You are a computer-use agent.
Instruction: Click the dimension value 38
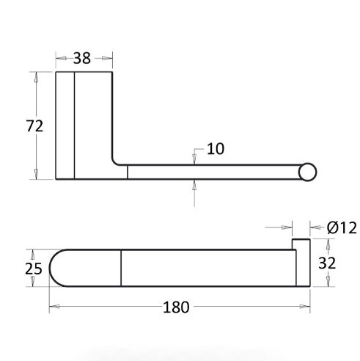click(x=82, y=58)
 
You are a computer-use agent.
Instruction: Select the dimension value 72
click(x=34, y=126)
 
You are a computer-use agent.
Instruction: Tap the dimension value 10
click(x=216, y=149)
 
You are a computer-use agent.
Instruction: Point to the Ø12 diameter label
click(x=342, y=227)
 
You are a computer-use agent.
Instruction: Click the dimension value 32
click(x=327, y=263)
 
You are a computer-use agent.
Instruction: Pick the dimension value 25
click(x=34, y=269)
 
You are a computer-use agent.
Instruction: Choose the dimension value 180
click(x=176, y=307)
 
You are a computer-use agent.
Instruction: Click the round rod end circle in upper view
click(x=307, y=172)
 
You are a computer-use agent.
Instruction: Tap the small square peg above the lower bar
click(x=301, y=244)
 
